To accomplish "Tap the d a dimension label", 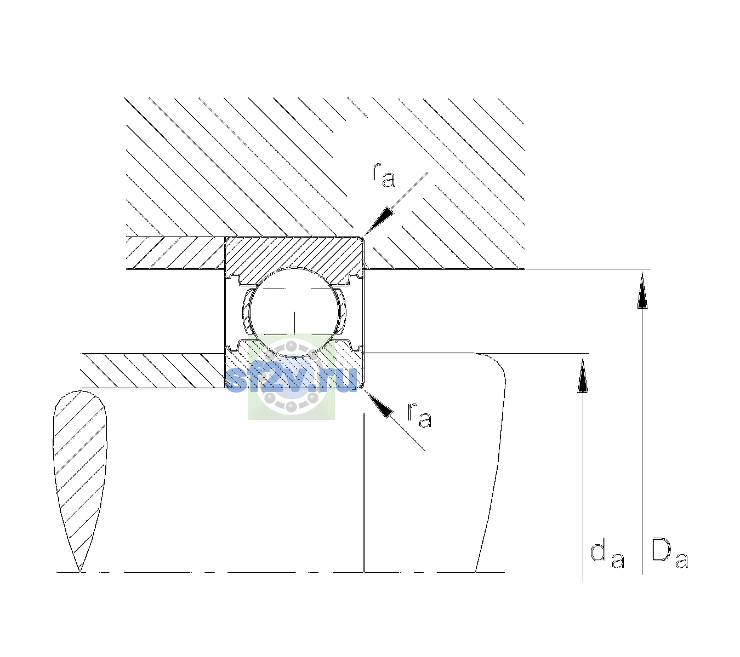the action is [607, 555].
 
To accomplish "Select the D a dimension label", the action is [669, 554].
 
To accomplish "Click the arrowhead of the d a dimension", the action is [583, 376].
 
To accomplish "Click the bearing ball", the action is [294, 313].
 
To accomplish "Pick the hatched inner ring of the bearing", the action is [294, 368].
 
